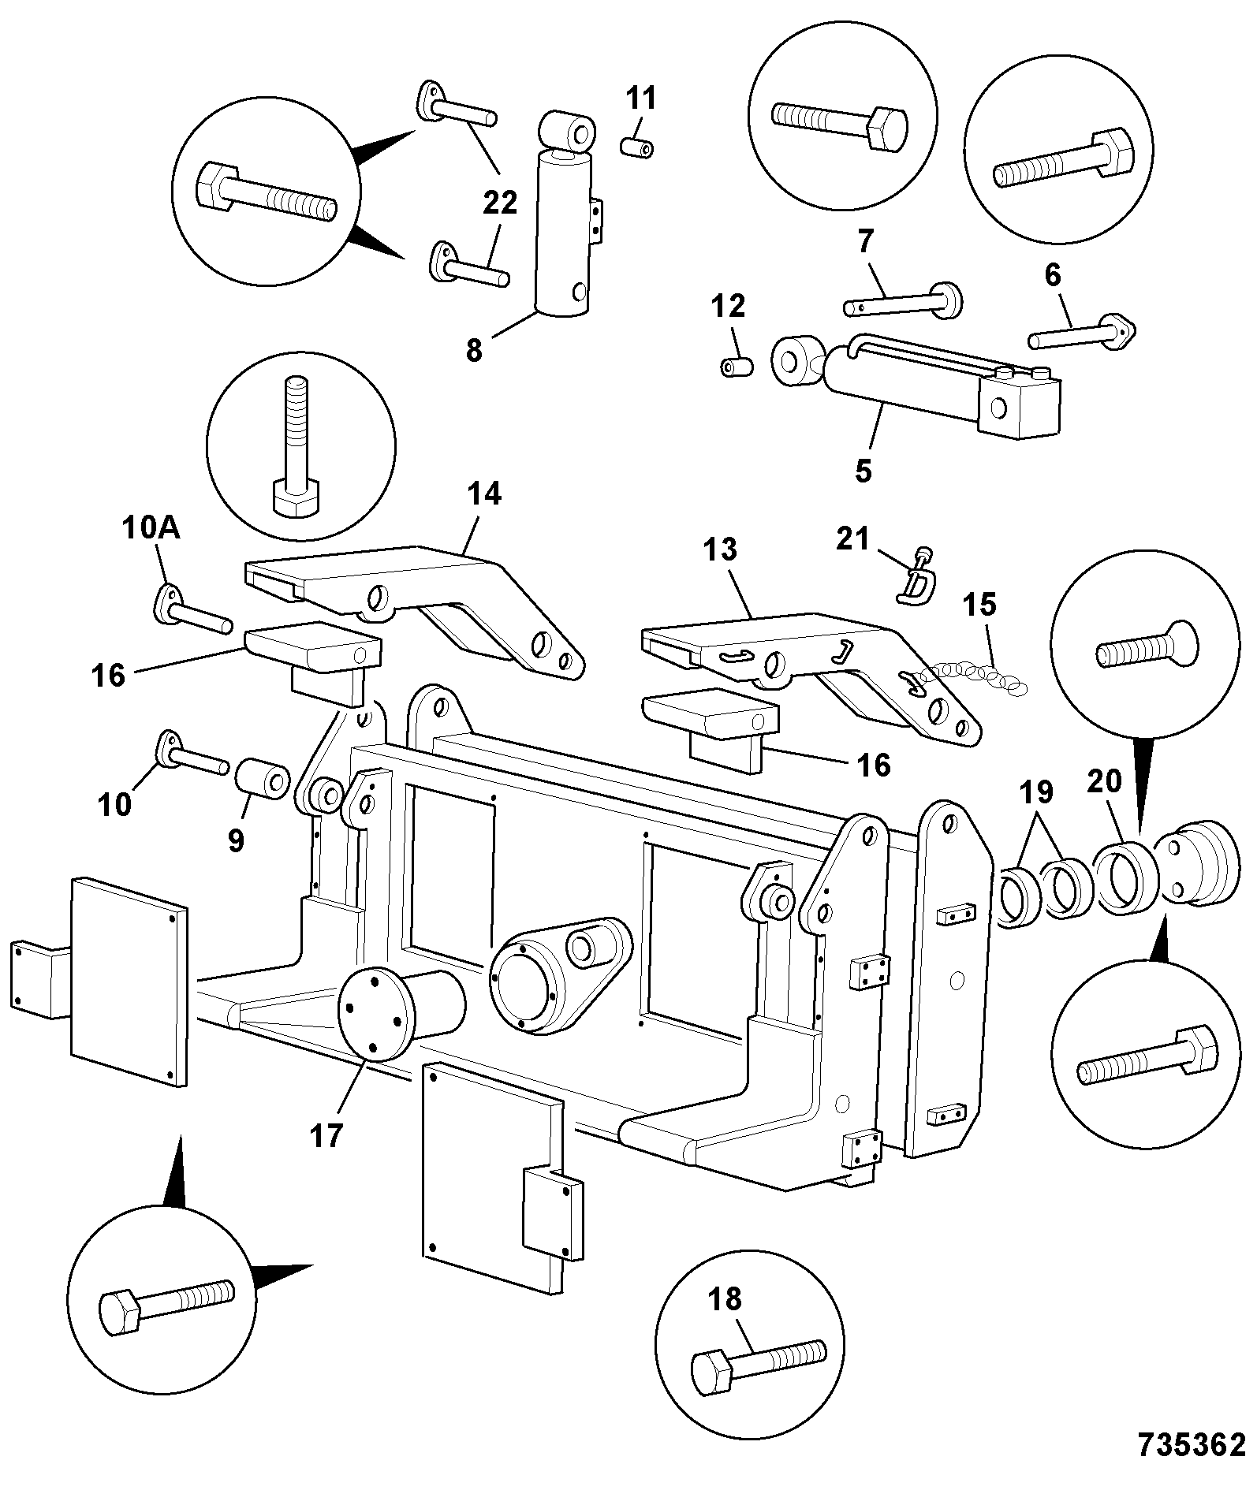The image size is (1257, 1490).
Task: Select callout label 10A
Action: pyautogui.click(x=151, y=528)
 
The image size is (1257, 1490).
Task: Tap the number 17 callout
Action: pyautogui.click(x=326, y=1136)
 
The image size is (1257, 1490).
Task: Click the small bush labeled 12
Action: pyautogui.click(x=737, y=367)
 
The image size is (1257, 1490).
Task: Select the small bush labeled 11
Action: pyautogui.click(x=638, y=147)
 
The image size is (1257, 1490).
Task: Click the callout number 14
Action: pyautogui.click(x=484, y=494)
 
